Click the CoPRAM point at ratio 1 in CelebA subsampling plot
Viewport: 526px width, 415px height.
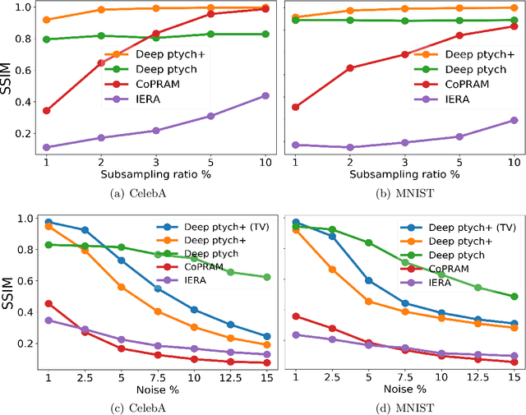tap(46, 110)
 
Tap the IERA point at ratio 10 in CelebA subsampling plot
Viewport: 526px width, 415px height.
tap(265, 95)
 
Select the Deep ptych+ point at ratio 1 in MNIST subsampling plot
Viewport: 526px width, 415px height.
tap(296, 17)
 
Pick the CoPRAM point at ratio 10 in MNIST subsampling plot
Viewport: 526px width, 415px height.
tap(514, 26)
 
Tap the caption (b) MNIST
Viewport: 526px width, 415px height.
tap(404, 193)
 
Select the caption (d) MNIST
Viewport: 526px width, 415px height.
tap(404, 405)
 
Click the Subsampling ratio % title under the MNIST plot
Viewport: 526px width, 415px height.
tap(404, 174)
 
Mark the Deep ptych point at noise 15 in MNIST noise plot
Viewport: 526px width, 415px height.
tap(514, 296)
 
